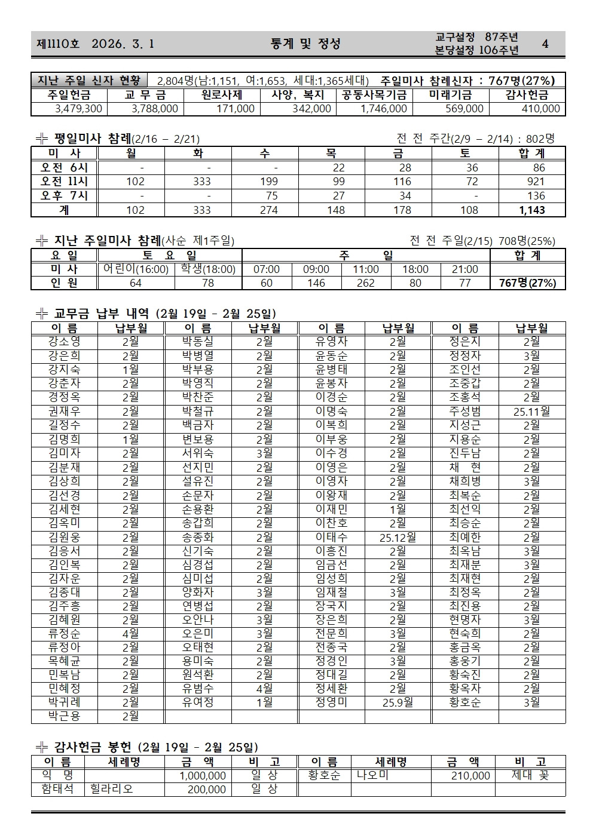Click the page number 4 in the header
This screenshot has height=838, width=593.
[x=545, y=44]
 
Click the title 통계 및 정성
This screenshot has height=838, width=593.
[x=305, y=44]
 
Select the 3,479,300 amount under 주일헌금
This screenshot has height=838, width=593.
[x=78, y=109]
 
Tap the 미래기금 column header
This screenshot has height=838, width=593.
[x=450, y=95]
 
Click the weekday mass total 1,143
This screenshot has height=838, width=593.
[x=531, y=210]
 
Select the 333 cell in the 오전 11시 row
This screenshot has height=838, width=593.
[x=202, y=182]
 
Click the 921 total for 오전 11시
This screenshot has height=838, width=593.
[x=536, y=182]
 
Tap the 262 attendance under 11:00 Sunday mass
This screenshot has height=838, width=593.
[x=365, y=283]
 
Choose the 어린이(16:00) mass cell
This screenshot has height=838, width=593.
[x=136, y=269]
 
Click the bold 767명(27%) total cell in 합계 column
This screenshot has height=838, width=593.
[x=527, y=283]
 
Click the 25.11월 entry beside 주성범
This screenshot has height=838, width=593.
[x=531, y=412]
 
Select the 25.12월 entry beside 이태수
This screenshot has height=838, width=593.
[x=398, y=537]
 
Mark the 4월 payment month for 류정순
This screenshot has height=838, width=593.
[x=130, y=634]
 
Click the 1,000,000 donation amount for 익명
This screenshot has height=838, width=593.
[x=203, y=776]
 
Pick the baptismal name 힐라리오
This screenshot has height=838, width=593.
[x=112, y=790]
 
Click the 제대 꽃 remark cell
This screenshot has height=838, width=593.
[x=530, y=776]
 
